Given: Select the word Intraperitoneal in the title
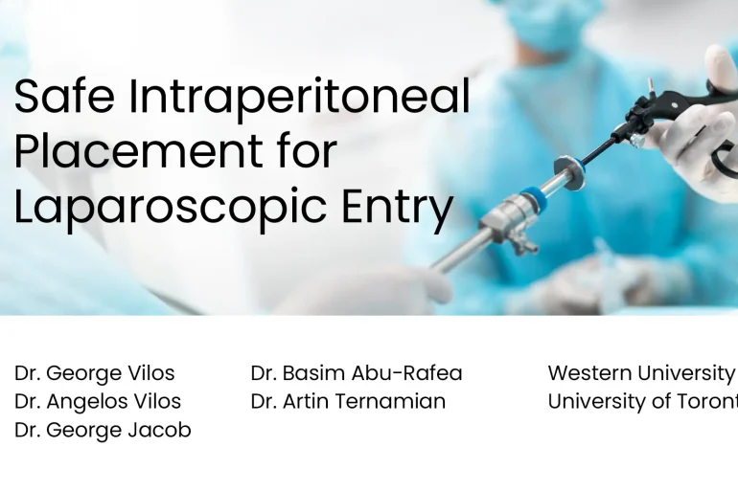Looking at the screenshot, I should point(299,98).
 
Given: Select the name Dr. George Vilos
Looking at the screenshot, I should point(94,373).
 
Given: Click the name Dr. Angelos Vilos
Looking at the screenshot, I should point(97,402).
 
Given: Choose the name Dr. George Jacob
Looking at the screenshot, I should point(103,431).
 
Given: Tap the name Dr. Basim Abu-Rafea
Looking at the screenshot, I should point(356,373).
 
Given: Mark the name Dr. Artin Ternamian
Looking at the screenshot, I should point(347,402).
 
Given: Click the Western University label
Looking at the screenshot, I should point(640,373).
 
